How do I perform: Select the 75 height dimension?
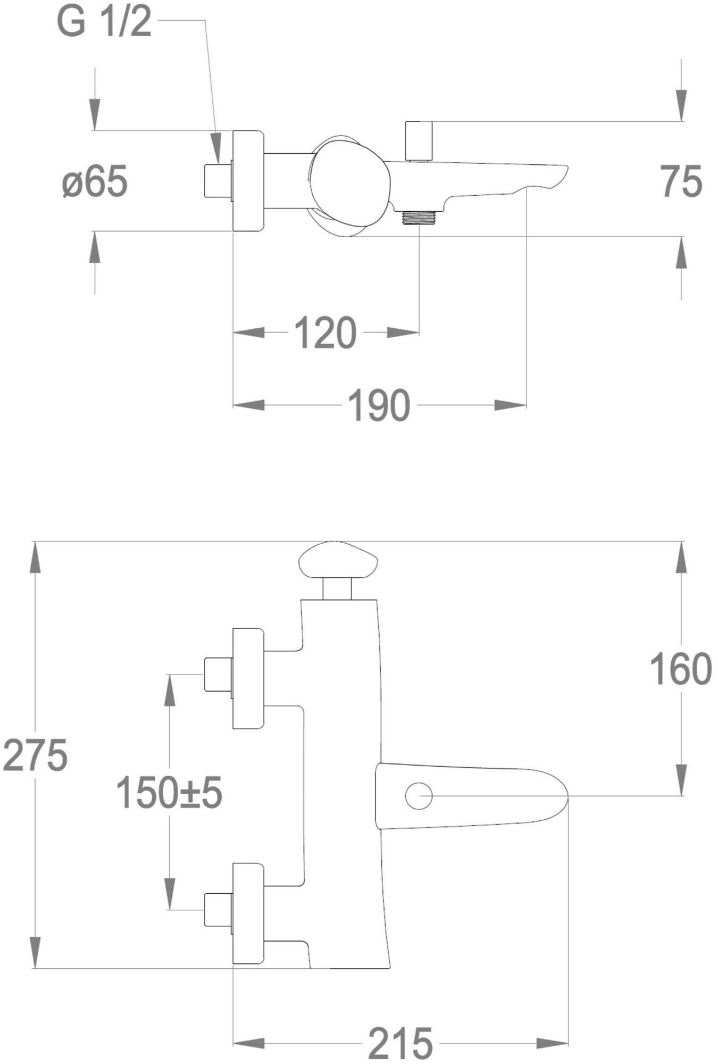point(681,181)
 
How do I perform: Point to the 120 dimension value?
point(325,333)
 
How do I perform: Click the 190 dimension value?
point(379,406)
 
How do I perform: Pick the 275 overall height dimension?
point(35,755)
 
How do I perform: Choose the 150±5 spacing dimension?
point(169,792)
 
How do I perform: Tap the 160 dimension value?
point(681,669)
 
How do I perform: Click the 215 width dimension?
point(400,1043)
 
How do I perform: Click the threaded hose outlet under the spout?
point(419,217)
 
